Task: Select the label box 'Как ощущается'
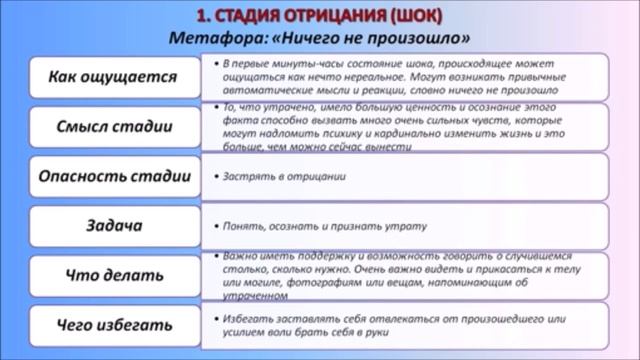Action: (x=113, y=76)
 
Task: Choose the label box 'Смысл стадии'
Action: (x=113, y=127)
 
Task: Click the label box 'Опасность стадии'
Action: (x=113, y=176)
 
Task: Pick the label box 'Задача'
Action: (x=113, y=225)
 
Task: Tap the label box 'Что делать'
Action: (x=113, y=274)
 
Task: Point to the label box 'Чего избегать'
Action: (x=113, y=324)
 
